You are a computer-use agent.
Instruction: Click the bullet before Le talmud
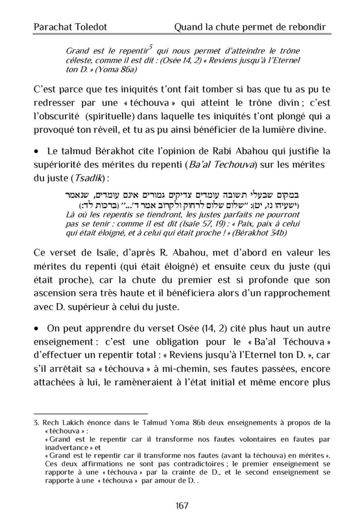pyautogui.click(x=36, y=150)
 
